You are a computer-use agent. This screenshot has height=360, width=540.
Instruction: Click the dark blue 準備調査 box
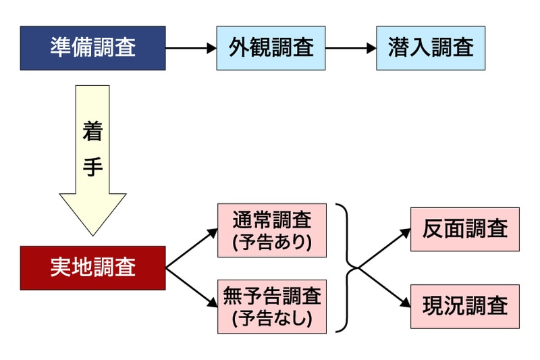(x=92, y=48)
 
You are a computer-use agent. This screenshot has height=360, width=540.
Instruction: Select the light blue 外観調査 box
(x=271, y=48)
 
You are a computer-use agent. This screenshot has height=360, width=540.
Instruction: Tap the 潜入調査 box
(x=431, y=48)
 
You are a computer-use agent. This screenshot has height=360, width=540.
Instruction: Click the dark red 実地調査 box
(x=92, y=268)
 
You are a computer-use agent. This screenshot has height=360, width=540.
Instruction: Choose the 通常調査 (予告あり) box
(x=272, y=230)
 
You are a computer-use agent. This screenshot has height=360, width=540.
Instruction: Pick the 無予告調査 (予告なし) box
(x=272, y=306)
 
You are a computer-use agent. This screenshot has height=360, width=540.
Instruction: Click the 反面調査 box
(x=465, y=230)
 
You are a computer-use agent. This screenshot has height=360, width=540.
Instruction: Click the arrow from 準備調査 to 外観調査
(x=191, y=49)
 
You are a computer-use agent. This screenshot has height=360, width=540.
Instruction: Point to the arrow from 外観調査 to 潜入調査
(x=350, y=49)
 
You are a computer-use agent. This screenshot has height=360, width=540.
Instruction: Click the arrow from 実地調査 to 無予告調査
(x=192, y=288)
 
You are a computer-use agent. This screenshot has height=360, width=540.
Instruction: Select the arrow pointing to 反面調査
(x=385, y=249)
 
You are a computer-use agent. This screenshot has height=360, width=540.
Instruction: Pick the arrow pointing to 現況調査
(x=385, y=288)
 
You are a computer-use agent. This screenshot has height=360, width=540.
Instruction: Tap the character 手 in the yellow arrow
(x=92, y=167)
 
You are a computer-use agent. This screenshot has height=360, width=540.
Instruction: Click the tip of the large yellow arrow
(x=92, y=233)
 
